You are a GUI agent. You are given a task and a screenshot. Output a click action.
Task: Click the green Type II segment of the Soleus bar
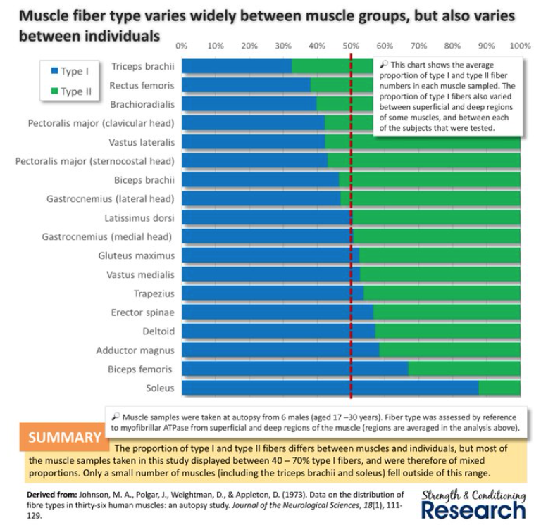(499, 388)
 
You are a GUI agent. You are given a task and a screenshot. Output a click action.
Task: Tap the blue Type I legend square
(54, 71)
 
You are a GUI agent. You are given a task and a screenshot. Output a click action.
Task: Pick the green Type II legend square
(54, 91)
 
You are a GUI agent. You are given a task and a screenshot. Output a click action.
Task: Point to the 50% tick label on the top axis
(351, 46)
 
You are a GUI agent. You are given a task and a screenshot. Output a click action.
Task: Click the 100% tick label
(519, 46)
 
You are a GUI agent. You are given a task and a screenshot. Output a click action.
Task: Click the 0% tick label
(182, 46)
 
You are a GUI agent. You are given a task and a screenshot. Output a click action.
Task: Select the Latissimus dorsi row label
(139, 217)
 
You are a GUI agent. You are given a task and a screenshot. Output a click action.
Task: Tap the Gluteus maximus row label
(137, 255)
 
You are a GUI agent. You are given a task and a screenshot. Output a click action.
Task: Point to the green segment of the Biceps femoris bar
(464, 369)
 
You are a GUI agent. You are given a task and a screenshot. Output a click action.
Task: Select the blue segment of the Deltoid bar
(279, 331)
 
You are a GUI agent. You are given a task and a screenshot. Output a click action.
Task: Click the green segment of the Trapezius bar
(442, 293)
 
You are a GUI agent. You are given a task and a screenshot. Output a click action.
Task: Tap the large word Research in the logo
(473, 508)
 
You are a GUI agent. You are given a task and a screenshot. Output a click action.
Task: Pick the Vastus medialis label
(140, 274)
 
